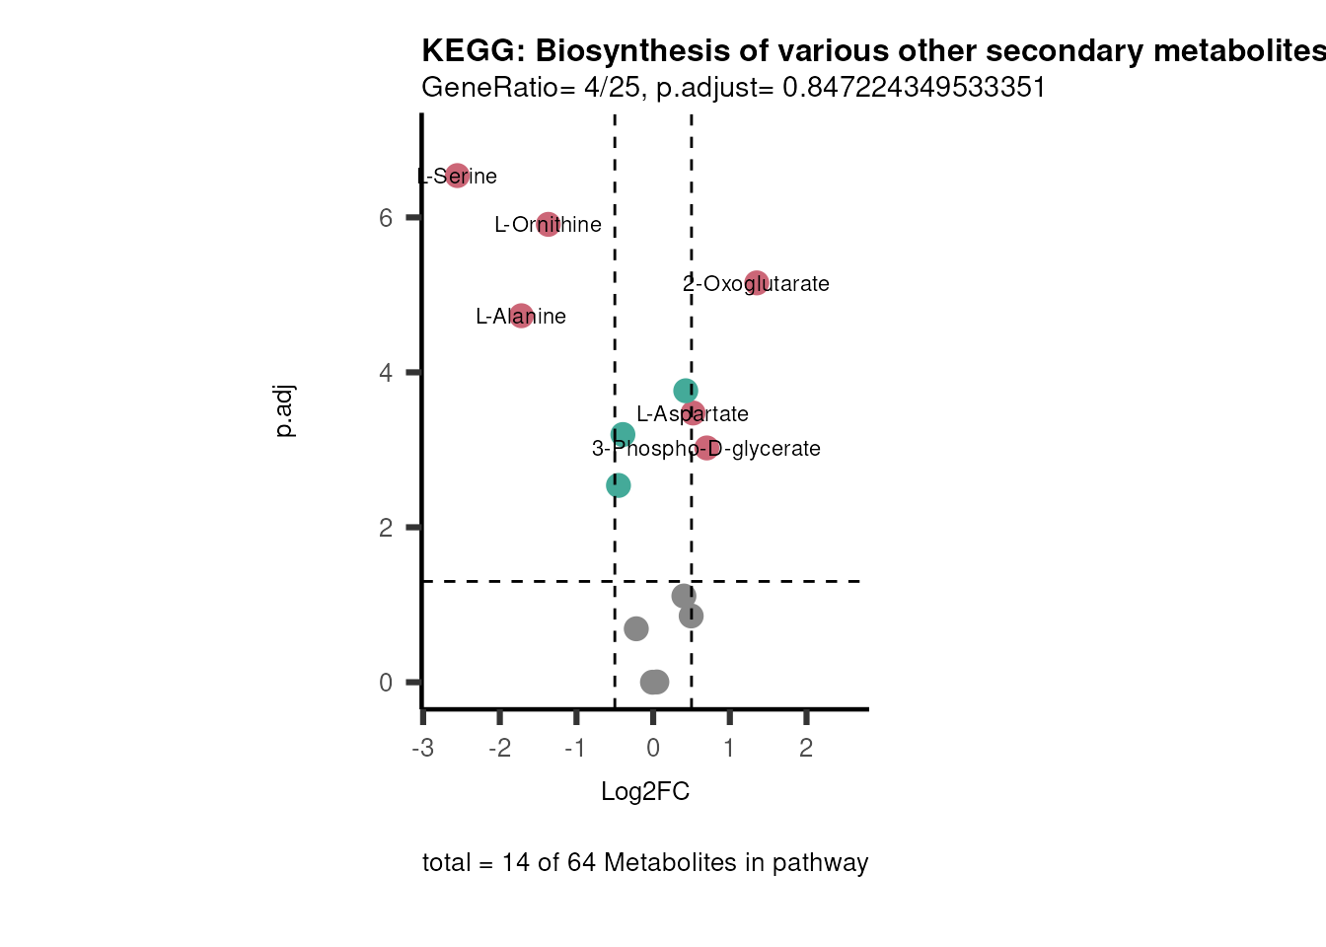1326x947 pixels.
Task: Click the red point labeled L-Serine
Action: coord(457,176)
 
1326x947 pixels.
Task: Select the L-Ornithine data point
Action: coord(549,224)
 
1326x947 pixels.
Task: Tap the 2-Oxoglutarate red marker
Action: coord(757,283)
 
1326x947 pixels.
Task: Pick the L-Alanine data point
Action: coord(522,316)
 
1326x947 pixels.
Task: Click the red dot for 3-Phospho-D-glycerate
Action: coord(706,448)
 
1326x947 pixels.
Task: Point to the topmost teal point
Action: coord(686,391)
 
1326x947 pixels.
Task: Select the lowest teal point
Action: coord(618,485)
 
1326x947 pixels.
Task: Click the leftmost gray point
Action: coord(636,628)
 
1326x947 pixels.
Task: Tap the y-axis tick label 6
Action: coord(386,217)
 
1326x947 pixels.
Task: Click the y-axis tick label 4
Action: coord(386,373)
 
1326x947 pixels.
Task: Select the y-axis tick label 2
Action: coord(386,528)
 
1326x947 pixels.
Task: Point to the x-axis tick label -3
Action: coord(422,749)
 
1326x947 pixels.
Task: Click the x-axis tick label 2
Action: coord(806,749)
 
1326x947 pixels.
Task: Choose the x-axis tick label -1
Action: coord(575,749)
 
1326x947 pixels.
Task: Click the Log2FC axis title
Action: coord(645,792)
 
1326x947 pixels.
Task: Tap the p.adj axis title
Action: coord(284,411)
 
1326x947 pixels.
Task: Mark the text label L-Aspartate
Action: coord(693,414)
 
